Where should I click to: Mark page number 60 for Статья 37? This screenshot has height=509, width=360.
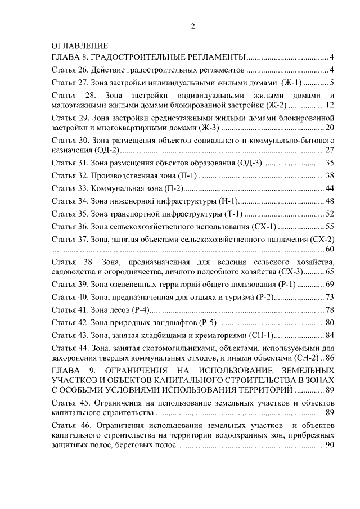(330, 249)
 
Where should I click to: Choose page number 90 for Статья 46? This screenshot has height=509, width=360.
(330, 445)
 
